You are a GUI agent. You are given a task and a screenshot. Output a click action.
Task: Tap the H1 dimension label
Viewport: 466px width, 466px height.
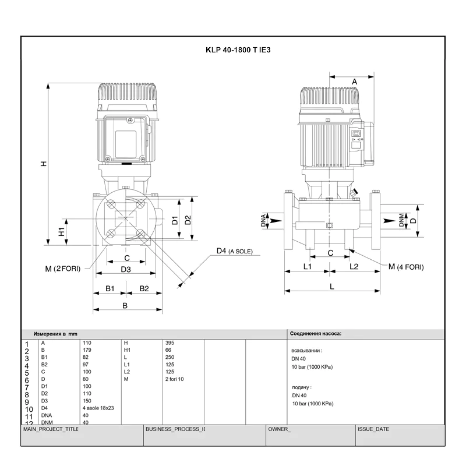pyautogui.click(x=61, y=231)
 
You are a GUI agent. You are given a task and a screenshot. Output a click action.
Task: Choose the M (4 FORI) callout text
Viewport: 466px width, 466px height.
pyautogui.click(x=405, y=267)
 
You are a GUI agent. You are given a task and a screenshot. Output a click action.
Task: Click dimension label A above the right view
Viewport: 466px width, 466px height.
pyautogui.click(x=354, y=82)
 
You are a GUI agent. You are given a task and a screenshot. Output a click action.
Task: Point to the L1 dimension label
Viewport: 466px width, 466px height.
pyautogui.click(x=308, y=266)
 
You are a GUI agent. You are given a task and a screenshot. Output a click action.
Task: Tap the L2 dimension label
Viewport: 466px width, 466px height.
pyautogui.click(x=354, y=266)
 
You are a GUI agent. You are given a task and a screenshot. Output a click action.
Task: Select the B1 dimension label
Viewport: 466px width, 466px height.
pyautogui.click(x=109, y=288)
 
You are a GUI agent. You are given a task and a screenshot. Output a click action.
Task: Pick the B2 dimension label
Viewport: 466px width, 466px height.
pyautogui.click(x=144, y=288)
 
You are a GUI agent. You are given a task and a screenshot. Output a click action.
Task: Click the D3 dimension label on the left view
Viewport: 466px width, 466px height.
pyautogui.click(x=125, y=269)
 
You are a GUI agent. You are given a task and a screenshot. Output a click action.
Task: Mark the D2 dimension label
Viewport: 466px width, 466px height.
pyautogui.click(x=188, y=220)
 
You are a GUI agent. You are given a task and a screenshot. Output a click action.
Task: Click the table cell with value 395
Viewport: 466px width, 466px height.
pyautogui.click(x=170, y=343)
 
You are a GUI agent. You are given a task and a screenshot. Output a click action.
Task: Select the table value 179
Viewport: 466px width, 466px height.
pyautogui.click(x=88, y=349)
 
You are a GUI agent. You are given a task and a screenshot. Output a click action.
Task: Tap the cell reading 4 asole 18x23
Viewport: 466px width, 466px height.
pyautogui.click(x=99, y=408)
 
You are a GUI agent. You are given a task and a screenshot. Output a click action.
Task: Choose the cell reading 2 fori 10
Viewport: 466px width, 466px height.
pyautogui.click(x=175, y=379)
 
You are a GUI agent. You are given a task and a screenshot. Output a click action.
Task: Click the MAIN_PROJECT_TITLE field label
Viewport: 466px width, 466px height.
pyautogui.click(x=50, y=429)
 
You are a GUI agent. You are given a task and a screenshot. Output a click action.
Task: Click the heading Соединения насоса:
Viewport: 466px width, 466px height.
pyautogui.click(x=316, y=334)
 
